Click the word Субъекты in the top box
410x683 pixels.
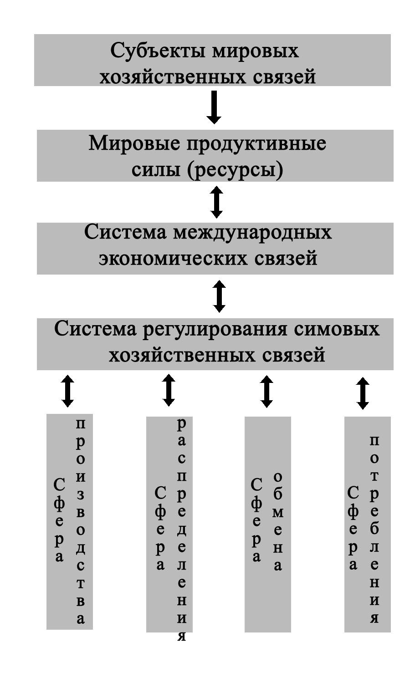click(x=158, y=51)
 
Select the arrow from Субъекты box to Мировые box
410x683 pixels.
click(x=214, y=107)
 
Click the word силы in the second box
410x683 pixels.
click(x=156, y=170)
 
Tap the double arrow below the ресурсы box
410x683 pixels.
click(x=216, y=202)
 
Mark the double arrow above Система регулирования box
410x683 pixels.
click(x=219, y=296)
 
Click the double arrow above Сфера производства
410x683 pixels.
click(x=67, y=391)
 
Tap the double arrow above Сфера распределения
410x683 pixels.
click(x=169, y=391)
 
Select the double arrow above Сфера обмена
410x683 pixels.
click(x=266, y=392)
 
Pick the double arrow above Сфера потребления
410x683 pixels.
click(x=363, y=393)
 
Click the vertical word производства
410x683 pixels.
click(x=80, y=523)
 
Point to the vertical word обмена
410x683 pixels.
click(x=277, y=523)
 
